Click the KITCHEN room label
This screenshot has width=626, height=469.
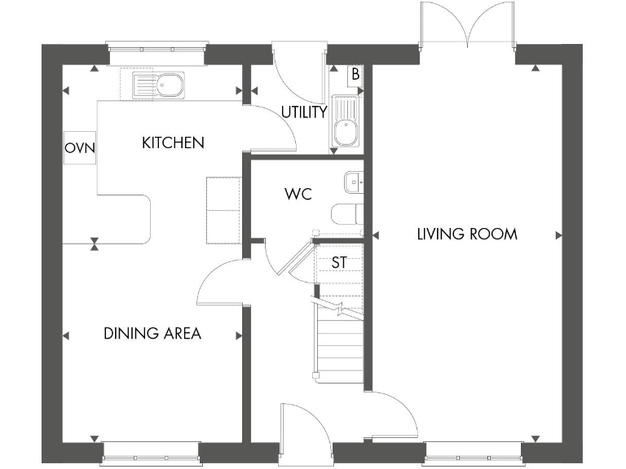(x=173, y=143)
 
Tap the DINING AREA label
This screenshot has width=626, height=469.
(x=152, y=334)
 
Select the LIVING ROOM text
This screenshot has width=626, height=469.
(x=466, y=234)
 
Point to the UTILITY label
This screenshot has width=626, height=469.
(x=304, y=112)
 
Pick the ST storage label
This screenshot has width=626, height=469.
(x=339, y=263)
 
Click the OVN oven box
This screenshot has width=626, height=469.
(x=80, y=148)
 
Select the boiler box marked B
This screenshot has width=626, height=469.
(x=355, y=74)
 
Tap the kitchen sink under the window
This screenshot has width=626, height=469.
(x=158, y=83)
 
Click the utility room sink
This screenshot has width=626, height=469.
(x=346, y=123)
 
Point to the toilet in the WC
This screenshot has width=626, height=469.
(x=347, y=215)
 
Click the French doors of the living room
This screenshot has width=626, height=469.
(x=468, y=24)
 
